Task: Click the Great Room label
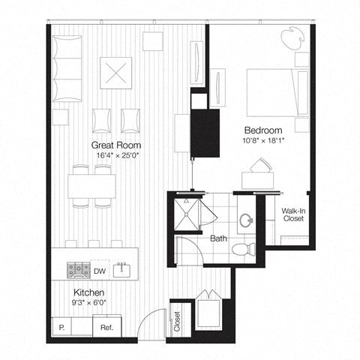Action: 116,145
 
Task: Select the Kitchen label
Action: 88,292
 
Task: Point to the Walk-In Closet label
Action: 293,216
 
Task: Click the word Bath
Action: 218,239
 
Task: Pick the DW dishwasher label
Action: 99,271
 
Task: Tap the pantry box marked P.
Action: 61,327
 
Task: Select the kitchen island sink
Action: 124,269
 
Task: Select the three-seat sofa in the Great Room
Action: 68,68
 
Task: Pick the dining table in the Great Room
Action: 91,184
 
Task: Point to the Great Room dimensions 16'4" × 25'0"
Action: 116,156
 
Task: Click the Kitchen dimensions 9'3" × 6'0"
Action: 88,304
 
